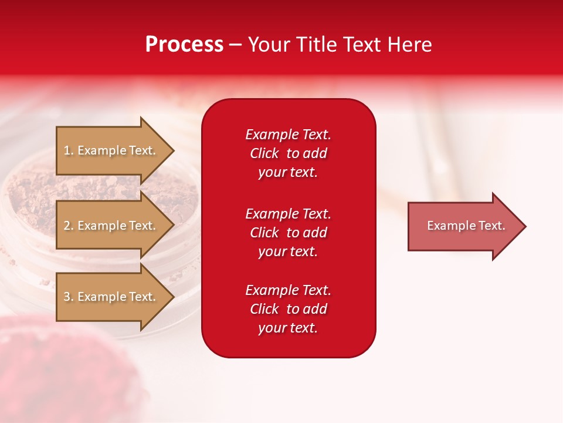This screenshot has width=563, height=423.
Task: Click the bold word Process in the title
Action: [x=184, y=45]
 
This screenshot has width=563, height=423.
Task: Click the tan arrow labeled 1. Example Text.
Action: [x=111, y=150]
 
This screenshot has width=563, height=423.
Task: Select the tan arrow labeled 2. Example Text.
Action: [x=111, y=226]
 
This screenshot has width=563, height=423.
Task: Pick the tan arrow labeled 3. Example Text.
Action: [x=111, y=297]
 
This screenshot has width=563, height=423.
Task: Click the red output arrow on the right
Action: [x=463, y=226]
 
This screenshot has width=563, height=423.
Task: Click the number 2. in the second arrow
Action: [x=69, y=226]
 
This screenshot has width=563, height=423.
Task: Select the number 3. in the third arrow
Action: [x=69, y=297]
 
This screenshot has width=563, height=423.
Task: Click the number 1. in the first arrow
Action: [x=69, y=150]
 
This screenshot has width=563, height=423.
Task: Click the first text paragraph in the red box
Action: [x=288, y=153]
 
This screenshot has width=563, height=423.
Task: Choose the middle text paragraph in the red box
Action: [x=288, y=233]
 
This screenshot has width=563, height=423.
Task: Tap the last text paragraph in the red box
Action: [x=288, y=309]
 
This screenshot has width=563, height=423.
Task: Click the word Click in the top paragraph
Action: [x=264, y=153]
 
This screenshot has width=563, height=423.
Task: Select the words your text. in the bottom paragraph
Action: [x=288, y=328]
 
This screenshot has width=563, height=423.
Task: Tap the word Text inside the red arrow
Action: [x=492, y=226]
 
